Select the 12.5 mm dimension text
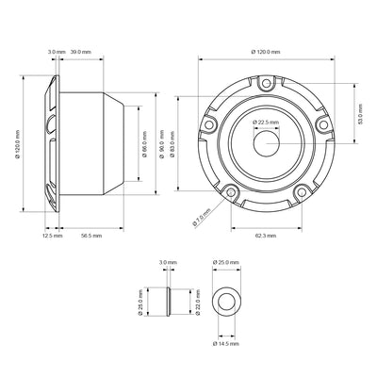pyautogui.click(x=52, y=236)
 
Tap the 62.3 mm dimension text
pyautogui.click(x=267, y=236)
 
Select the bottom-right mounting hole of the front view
pyautogui.click(x=302, y=192)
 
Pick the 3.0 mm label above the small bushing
pyautogui.click(x=168, y=262)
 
